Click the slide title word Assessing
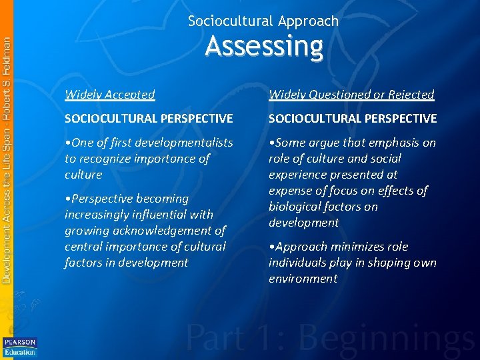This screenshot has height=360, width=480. (264, 47)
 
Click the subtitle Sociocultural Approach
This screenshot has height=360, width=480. (263, 21)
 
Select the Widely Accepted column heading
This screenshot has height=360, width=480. (109, 95)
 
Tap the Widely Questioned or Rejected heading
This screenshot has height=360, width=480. (351, 95)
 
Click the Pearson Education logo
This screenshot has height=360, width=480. (19, 347)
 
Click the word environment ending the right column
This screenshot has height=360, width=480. (303, 279)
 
